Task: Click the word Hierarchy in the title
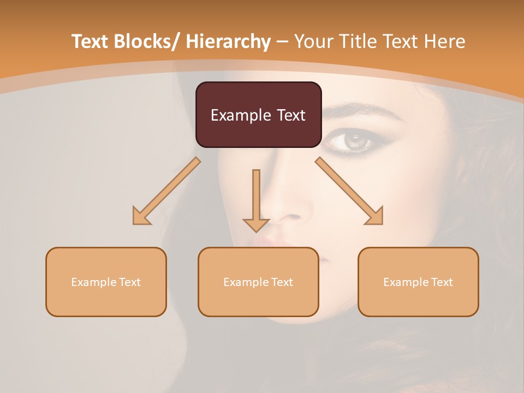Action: (x=228, y=41)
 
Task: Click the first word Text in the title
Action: (x=90, y=41)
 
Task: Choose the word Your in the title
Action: (x=314, y=41)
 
